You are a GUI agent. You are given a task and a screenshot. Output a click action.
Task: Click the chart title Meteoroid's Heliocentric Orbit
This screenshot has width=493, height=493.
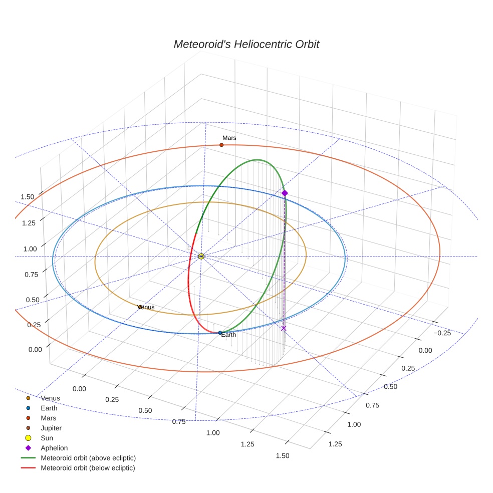(x=246, y=44)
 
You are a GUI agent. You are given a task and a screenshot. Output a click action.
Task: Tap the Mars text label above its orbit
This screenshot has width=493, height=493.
(x=229, y=138)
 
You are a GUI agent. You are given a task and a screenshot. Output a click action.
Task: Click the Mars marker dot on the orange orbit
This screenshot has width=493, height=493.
(x=221, y=145)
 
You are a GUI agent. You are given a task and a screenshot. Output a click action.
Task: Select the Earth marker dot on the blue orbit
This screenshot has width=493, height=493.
(x=220, y=333)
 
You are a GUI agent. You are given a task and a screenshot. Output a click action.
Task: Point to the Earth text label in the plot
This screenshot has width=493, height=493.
(x=228, y=335)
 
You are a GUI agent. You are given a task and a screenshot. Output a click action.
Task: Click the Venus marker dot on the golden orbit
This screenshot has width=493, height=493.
(x=140, y=307)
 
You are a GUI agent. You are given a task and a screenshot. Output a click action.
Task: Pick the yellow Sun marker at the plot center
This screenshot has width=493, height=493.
(x=201, y=257)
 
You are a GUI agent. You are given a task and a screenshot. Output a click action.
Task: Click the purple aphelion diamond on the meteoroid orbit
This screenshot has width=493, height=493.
(x=285, y=193)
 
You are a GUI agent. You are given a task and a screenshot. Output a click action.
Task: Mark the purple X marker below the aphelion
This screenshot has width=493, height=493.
(x=284, y=328)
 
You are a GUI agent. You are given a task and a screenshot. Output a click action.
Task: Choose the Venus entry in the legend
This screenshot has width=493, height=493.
(x=50, y=398)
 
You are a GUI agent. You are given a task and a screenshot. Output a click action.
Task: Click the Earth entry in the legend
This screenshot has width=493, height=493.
(x=49, y=408)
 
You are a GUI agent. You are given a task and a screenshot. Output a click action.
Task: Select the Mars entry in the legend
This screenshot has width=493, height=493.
(x=48, y=418)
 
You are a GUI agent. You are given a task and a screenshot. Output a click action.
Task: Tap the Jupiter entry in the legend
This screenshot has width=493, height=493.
(x=51, y=428)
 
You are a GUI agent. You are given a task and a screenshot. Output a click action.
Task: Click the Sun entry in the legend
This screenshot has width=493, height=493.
(x=47, y=438)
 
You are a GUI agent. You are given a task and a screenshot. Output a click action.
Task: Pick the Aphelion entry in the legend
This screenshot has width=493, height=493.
(x=54, y=448)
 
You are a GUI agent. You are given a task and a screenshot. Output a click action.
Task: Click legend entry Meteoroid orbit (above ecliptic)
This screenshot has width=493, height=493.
(x=88, y=458)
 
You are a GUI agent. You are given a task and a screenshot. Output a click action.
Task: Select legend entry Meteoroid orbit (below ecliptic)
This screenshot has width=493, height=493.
(x=88, y=468)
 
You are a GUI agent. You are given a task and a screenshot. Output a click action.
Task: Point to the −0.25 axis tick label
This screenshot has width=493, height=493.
(x=441, y=333)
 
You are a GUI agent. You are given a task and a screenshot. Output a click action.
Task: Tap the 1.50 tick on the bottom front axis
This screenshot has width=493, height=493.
(x=282, y=456)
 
